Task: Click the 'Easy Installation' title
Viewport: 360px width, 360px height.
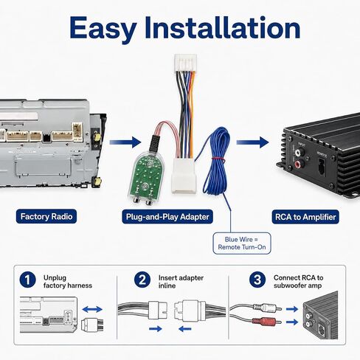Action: point(184,28)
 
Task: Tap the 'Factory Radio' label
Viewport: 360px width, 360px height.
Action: point(46,216)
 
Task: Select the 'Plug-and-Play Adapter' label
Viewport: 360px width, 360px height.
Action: point(167,217)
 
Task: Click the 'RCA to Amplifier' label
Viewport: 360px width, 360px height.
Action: point(305,217)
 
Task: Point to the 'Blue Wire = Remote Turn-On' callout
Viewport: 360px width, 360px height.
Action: point(242,243)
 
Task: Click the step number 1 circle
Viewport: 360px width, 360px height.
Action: point(27,280)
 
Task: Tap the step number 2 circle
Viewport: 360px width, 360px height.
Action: point(142,280)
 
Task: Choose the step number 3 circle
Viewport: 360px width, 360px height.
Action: point(257,280)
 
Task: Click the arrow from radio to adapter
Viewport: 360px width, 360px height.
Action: point(125,142)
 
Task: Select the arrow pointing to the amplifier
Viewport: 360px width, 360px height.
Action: point(252,142)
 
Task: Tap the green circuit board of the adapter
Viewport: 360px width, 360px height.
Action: point(147,177)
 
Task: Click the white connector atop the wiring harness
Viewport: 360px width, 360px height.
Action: point(185,63)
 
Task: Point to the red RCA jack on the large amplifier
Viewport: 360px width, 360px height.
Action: point(297,164)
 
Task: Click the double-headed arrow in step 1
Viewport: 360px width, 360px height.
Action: point(92,309)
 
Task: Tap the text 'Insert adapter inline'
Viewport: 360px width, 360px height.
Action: point(181,282)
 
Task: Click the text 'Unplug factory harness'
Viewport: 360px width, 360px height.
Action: point(68,282)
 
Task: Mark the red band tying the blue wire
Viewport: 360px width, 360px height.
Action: point(218,159)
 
